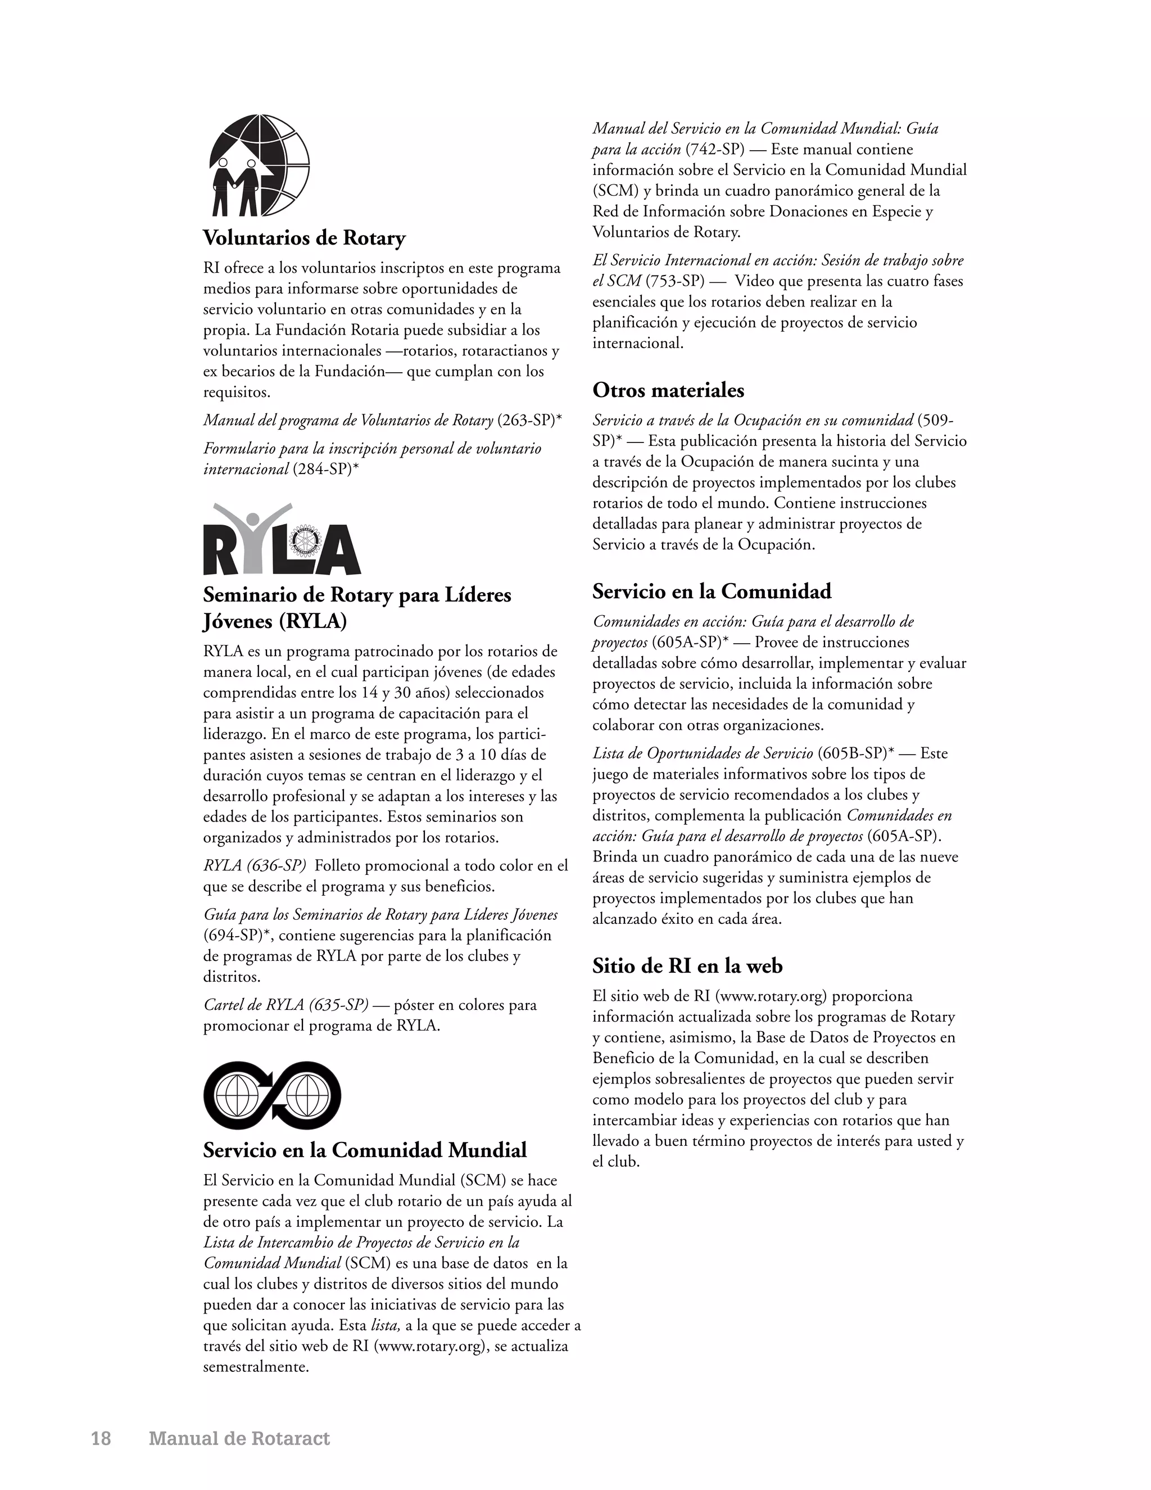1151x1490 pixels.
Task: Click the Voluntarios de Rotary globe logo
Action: tap(259, 166)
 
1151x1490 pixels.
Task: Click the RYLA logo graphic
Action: tap(282, 540)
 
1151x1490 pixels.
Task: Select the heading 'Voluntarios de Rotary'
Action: tap(304, 238)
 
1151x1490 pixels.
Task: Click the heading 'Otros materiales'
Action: tap(668, 390)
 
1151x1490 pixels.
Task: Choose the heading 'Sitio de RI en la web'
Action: tap(687, 966)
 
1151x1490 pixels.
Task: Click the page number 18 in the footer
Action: tap(101, 1439)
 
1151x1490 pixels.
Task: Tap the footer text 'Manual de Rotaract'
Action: tap(239, 1439)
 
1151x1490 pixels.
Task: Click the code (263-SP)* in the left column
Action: tap(529, 420)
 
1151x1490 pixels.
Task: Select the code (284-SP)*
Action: tap(325, 469)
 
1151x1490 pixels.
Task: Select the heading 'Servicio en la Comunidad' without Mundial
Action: tap(711, 591)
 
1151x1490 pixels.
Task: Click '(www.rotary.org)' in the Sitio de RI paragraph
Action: tap(771, 996)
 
